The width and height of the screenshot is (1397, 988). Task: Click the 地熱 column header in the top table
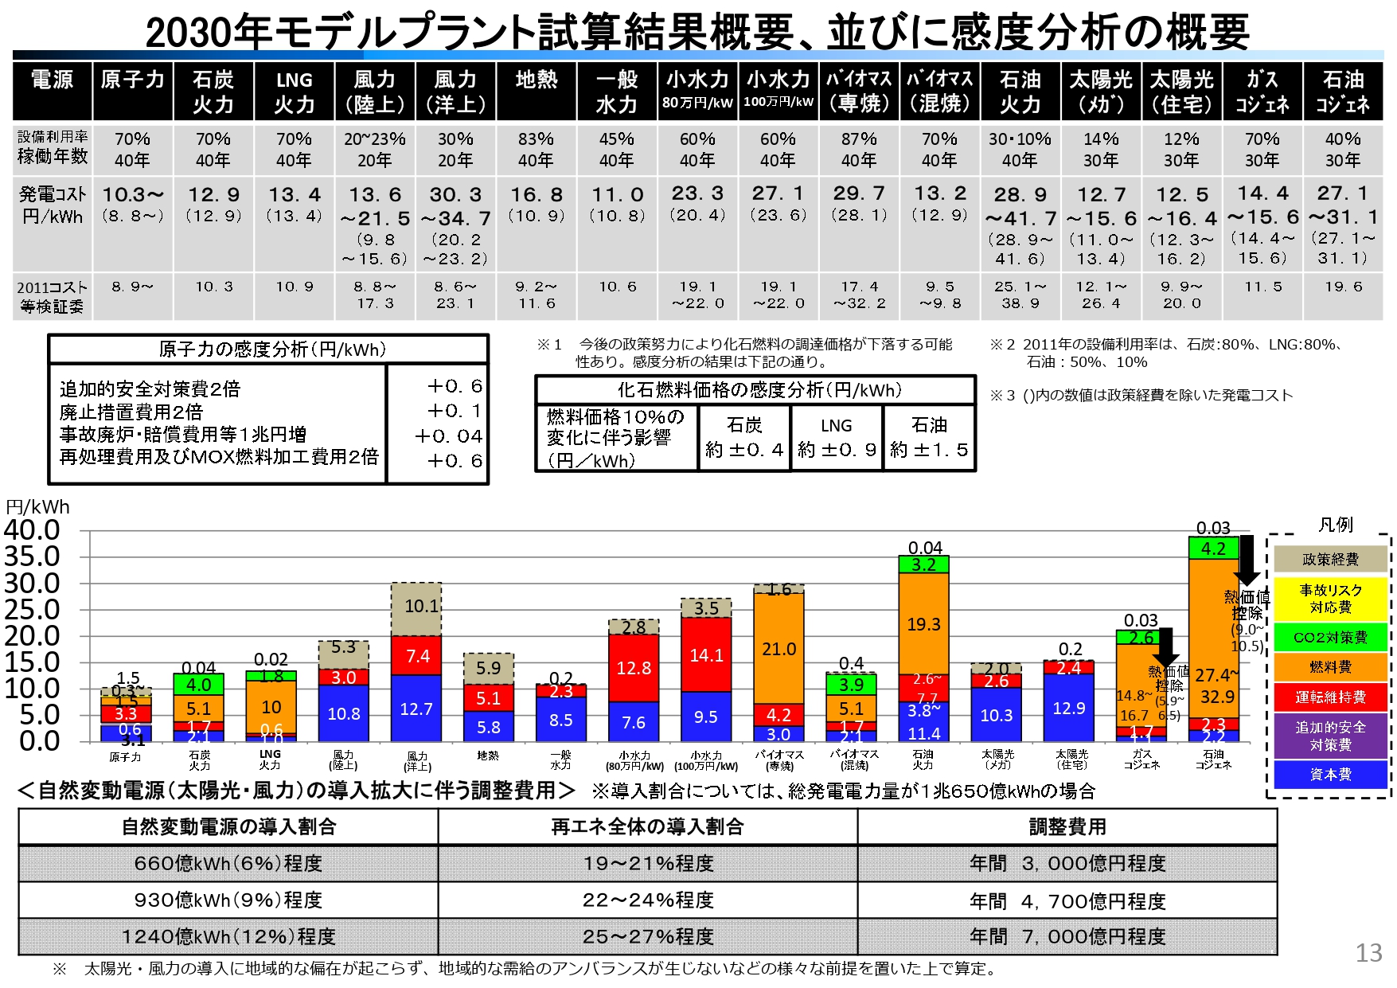pos(536,80)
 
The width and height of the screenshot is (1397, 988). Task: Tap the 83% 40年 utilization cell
pos(536,149)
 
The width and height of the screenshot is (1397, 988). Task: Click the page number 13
pos(1368,953)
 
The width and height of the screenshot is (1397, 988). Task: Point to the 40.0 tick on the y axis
pos(32,530)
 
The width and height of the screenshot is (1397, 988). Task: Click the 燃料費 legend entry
pos(1329,667)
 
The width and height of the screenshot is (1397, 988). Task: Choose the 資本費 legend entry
pos(1329,775)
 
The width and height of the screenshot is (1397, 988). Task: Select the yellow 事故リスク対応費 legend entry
pos(1329,599)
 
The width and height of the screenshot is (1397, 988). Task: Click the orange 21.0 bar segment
pos(778,649)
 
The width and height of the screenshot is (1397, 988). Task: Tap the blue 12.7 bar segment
pos(416,709)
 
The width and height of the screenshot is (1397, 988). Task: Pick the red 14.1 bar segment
pos(706,655)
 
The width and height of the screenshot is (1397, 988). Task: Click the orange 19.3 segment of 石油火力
pos(923,624)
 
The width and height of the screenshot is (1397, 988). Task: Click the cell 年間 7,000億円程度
pos(1067,937)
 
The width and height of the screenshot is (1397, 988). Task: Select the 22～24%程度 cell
pos(648,900)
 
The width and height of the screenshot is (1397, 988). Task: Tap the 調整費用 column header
pos(1067,827)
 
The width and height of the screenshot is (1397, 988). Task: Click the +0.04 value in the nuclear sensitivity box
pos(448,436)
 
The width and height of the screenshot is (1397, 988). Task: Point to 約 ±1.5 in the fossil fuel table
pos(929,450)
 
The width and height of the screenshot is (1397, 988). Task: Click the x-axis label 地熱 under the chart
pos(488,756)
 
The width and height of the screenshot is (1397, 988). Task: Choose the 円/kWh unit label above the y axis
pos(37,508)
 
